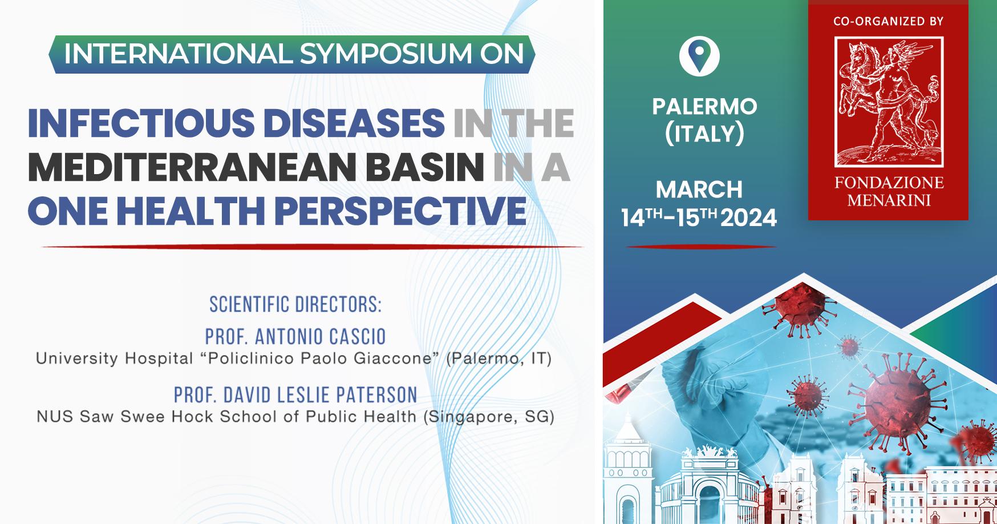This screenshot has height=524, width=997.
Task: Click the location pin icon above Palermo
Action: click(x=699, y=55)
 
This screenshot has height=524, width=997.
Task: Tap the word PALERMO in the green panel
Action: click(x=705, y=107)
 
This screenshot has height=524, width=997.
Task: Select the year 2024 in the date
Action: click(x=749, y=218)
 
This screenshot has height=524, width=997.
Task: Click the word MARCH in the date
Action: click(x=699, y=190)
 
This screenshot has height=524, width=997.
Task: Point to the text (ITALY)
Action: click(x=705, y=134)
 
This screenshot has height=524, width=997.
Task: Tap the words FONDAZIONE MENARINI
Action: click(x=889, y=191)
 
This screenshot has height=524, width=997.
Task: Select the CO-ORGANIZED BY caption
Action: click(x=889, y=22)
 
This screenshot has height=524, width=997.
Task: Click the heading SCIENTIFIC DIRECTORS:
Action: click(x=295, y=304)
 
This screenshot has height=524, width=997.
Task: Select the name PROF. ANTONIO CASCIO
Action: click(x=295, y=336)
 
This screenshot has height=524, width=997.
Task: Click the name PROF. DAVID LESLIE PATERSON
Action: click(x=295, y=394)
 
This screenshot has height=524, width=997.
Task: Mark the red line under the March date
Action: click(x=701, y=247)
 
